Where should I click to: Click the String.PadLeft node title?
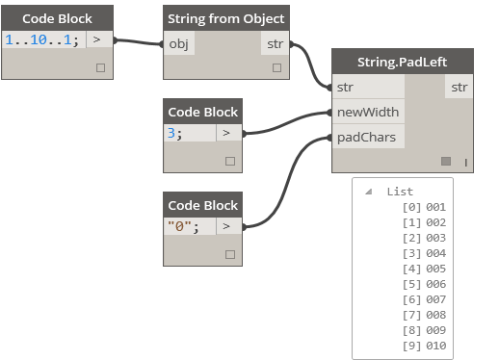[404, 63]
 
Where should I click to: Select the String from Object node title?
[225, 19]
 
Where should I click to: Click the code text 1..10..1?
[42, 39]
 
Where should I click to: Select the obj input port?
[179, 43]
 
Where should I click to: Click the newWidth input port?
[368, 113]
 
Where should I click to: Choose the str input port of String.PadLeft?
[346, 88]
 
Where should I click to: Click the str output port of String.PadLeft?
[459, 88]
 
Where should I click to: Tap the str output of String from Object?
[274, 43]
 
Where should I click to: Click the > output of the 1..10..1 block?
[97, 39]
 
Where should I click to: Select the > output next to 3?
[225, 133]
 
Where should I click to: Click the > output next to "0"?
[225, 226]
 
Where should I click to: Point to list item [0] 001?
[424, 207]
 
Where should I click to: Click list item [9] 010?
[424, 346]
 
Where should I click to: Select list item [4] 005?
[424, 269]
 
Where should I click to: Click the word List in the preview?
[399, 192]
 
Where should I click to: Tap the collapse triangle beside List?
[368, 192]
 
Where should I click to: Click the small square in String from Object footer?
[276, 67]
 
